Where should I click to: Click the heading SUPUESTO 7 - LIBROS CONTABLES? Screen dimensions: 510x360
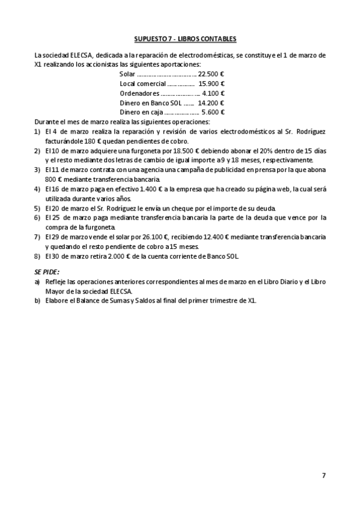180,39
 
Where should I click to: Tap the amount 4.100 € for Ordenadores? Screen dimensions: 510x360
213,93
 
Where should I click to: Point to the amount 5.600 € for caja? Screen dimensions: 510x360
213,112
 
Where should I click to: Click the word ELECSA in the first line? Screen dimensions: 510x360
81,55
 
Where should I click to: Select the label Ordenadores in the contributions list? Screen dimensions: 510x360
139,93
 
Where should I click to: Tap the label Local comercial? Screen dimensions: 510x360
142,84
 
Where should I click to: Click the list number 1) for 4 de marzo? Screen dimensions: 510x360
37,131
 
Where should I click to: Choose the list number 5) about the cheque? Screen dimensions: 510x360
37,207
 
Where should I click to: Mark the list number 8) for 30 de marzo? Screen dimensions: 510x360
37,256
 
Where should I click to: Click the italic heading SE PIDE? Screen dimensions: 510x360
47,272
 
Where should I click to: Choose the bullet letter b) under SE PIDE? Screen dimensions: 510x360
37,301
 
